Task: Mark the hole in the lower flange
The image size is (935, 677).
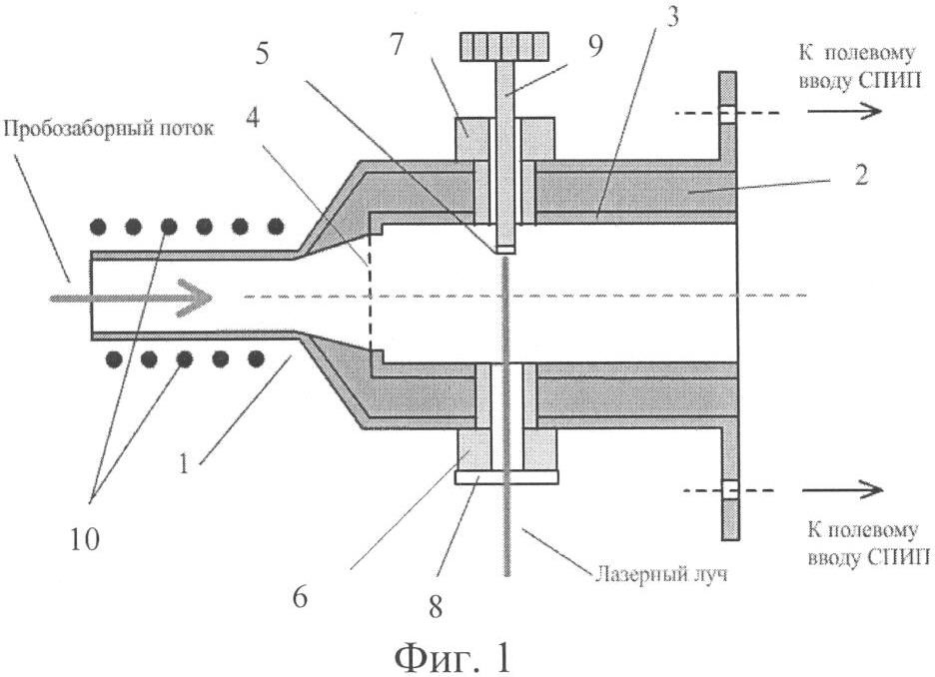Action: pyautogui.click(x=728, y=489)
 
